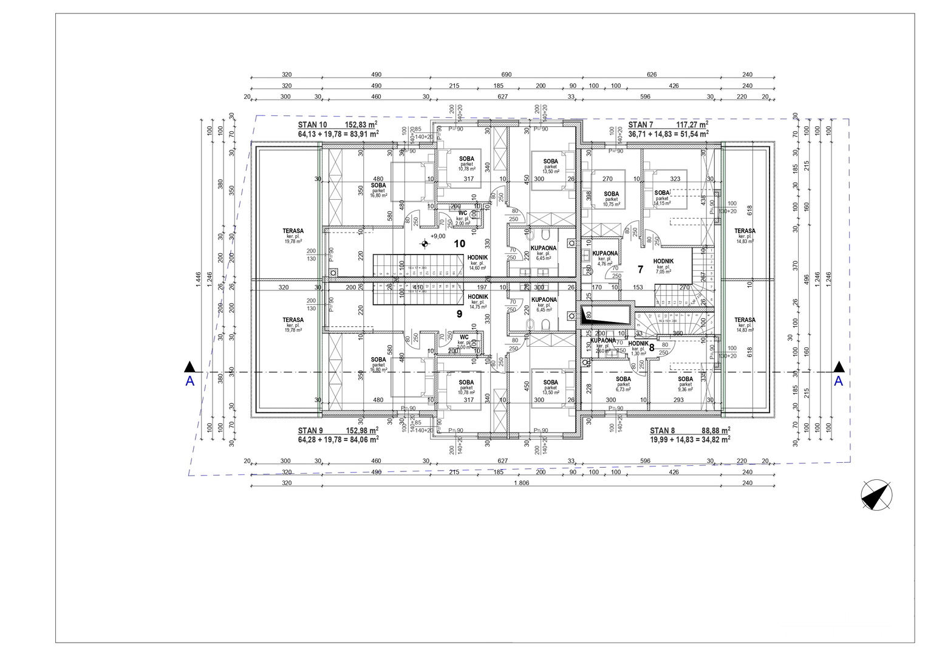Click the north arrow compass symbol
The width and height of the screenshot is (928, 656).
tap(877, 494)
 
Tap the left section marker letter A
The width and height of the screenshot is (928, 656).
tap(190, 381)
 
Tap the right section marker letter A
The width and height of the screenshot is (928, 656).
tap(838, 381)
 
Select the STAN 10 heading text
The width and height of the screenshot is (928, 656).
tap(313, 124)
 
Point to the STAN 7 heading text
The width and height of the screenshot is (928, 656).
tap(641, 125)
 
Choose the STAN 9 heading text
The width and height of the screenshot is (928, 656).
tap(310, 430)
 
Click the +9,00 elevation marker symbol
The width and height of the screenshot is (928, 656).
tap(425, 244)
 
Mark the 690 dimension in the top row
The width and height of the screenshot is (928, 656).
tap(507, 75)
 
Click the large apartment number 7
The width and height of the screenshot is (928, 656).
tap(640, 269)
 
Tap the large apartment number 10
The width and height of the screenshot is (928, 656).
tap(460, 244)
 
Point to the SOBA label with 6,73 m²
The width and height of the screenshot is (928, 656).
tap(623, 379)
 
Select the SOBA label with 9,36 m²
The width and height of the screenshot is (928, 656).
tap(685, 379)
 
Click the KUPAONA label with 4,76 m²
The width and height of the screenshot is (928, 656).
tap(605, 253)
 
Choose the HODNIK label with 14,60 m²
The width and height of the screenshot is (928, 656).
tap(478, 258)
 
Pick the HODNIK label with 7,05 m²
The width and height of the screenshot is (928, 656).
tap(663, 261)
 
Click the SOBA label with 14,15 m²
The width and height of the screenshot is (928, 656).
tap(662, 193)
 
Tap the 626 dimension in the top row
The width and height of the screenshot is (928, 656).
tap(652, 75)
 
